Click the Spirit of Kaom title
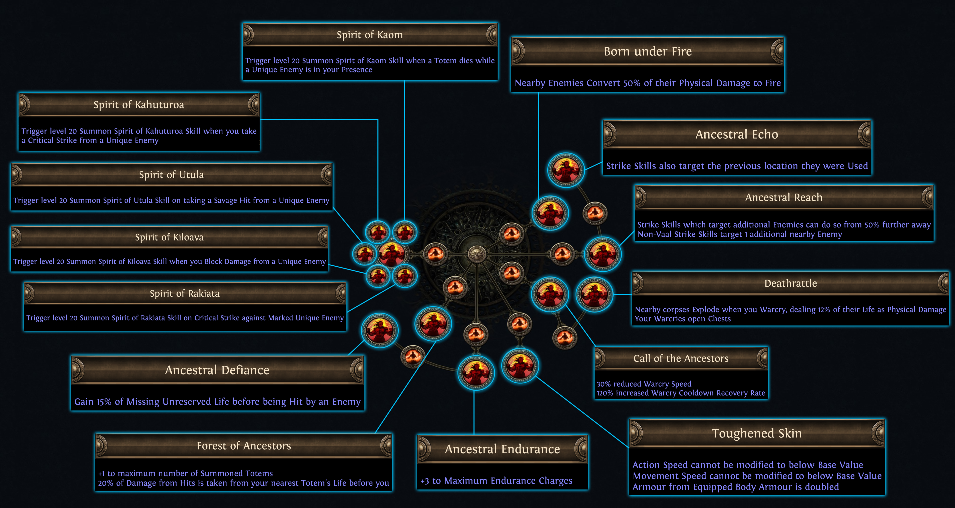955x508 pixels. [370, 35]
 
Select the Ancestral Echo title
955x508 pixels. [737, 134]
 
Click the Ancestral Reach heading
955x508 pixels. [784, 197]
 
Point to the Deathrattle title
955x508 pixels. [790, 283]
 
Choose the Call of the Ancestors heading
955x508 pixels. [681, 358]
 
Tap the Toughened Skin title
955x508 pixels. [757, 433]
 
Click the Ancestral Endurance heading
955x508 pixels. [502, 449]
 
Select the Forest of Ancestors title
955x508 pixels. [244, 446]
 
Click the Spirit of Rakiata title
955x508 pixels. [185, 293]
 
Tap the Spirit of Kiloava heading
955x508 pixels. [169, 237]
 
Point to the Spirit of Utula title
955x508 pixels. [171, 174]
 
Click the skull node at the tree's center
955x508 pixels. [476, 254]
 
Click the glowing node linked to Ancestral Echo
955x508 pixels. [566, 170]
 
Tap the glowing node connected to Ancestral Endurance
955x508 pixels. [476, 372]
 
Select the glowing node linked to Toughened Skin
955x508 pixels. [520, 365]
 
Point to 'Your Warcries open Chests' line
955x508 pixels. [683, 319]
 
